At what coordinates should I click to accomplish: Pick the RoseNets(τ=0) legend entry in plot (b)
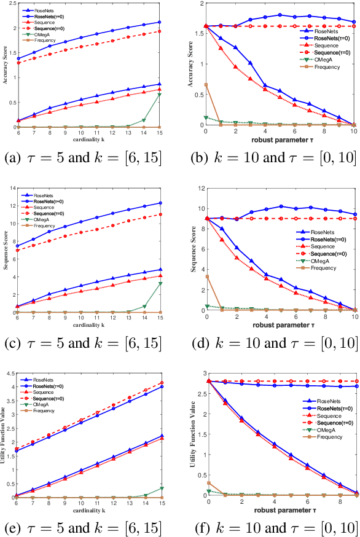320,38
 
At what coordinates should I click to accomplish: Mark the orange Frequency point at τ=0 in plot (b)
206,85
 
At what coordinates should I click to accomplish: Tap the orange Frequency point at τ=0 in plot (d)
206,276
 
